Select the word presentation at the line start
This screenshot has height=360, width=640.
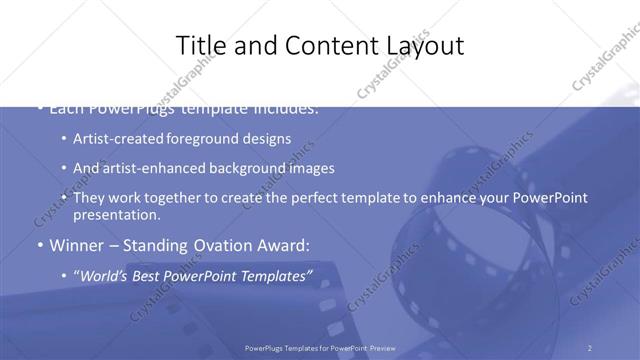coord(116,215)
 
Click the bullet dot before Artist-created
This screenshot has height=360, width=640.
coord(64,140)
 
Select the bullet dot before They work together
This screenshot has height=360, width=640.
coord(64,198)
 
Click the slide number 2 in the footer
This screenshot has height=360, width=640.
coord(590,348)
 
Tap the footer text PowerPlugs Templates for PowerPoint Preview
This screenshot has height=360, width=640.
coord(320,348)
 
